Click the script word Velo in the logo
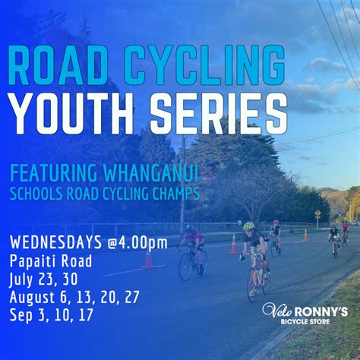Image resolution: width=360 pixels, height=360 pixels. (275, 311)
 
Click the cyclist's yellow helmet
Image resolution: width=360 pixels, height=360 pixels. (248, 226)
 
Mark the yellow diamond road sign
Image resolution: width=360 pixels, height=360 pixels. (317, 214)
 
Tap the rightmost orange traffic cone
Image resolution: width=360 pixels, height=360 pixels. (305, 235)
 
